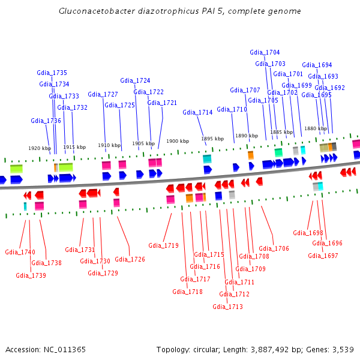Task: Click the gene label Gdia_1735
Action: (52, 73)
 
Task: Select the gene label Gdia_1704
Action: (265, 52)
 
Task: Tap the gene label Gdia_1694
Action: (317, 65)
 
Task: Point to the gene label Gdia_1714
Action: (197, 112)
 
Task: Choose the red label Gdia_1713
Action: (227, 307)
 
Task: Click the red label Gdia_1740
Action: (20, 252)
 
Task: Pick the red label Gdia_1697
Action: (323, 256)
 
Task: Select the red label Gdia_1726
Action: (130, 259)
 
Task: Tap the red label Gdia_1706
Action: (274, 248)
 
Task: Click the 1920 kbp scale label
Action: (40, 148)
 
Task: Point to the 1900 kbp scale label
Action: (178, 141)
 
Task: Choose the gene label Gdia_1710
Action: (232, 109)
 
